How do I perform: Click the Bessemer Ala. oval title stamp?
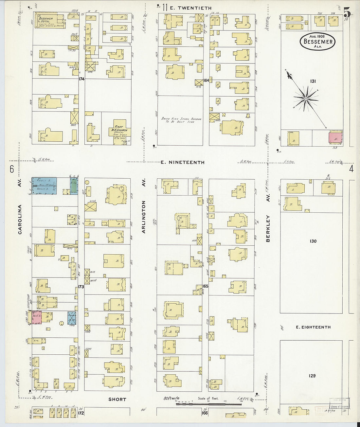click(x=317, y=42)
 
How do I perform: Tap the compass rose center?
click(x=306, y=98)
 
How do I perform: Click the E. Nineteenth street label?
click(x=183, y=162)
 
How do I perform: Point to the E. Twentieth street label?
click(x=191, y=8)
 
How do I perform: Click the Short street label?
click(x=117, y=399)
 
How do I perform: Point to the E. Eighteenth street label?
click(x=313, y=327)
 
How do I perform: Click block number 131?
click(x=313, y=81)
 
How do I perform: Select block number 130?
click(x=313, y=241)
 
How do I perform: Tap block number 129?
click(x=312, y=376)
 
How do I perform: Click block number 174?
click(x=81, y=79)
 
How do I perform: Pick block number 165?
click(x=205, y=286)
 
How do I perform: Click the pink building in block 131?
click(x=335, y=137)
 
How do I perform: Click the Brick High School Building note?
click(x=181, y=120)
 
